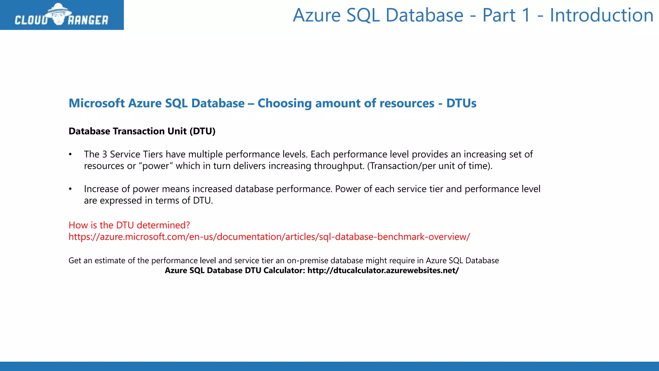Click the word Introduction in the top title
601,15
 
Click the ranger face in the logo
58,16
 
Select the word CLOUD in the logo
31,20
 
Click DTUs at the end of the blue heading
461,103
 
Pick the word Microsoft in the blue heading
97,103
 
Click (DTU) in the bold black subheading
202,131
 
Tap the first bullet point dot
70,155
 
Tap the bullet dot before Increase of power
70,189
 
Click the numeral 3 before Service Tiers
105,155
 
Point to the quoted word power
156,166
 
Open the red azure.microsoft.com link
269,237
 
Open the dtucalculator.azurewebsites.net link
383,271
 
